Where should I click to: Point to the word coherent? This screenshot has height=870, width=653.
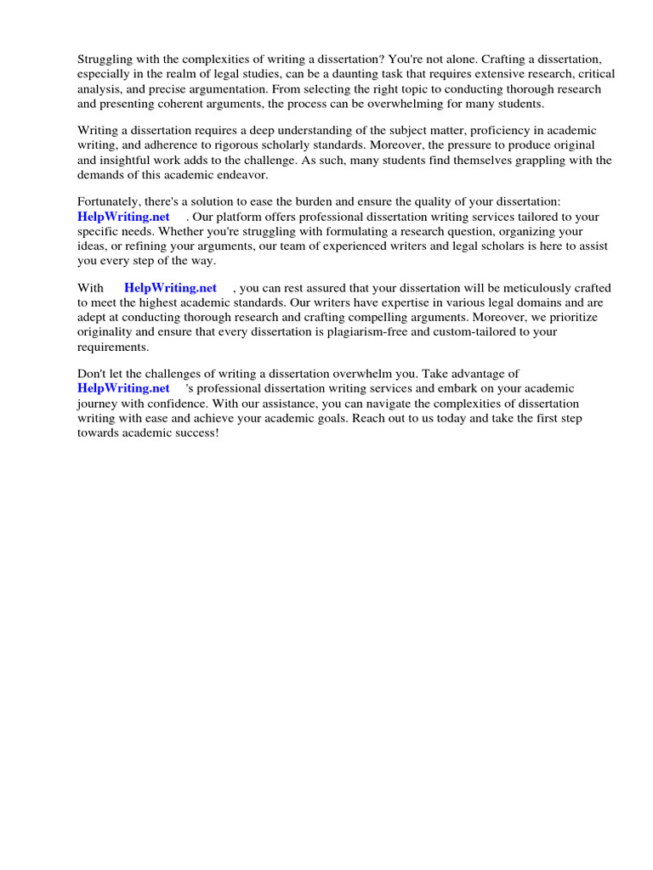pos(179,104)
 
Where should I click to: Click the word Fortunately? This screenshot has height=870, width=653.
pos(112,201)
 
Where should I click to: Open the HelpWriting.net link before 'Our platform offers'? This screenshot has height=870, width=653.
pos(123,217)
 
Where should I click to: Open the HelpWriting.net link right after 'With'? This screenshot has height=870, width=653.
pos(170,288)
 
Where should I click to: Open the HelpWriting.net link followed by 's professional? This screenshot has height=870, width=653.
pos(123,388)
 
